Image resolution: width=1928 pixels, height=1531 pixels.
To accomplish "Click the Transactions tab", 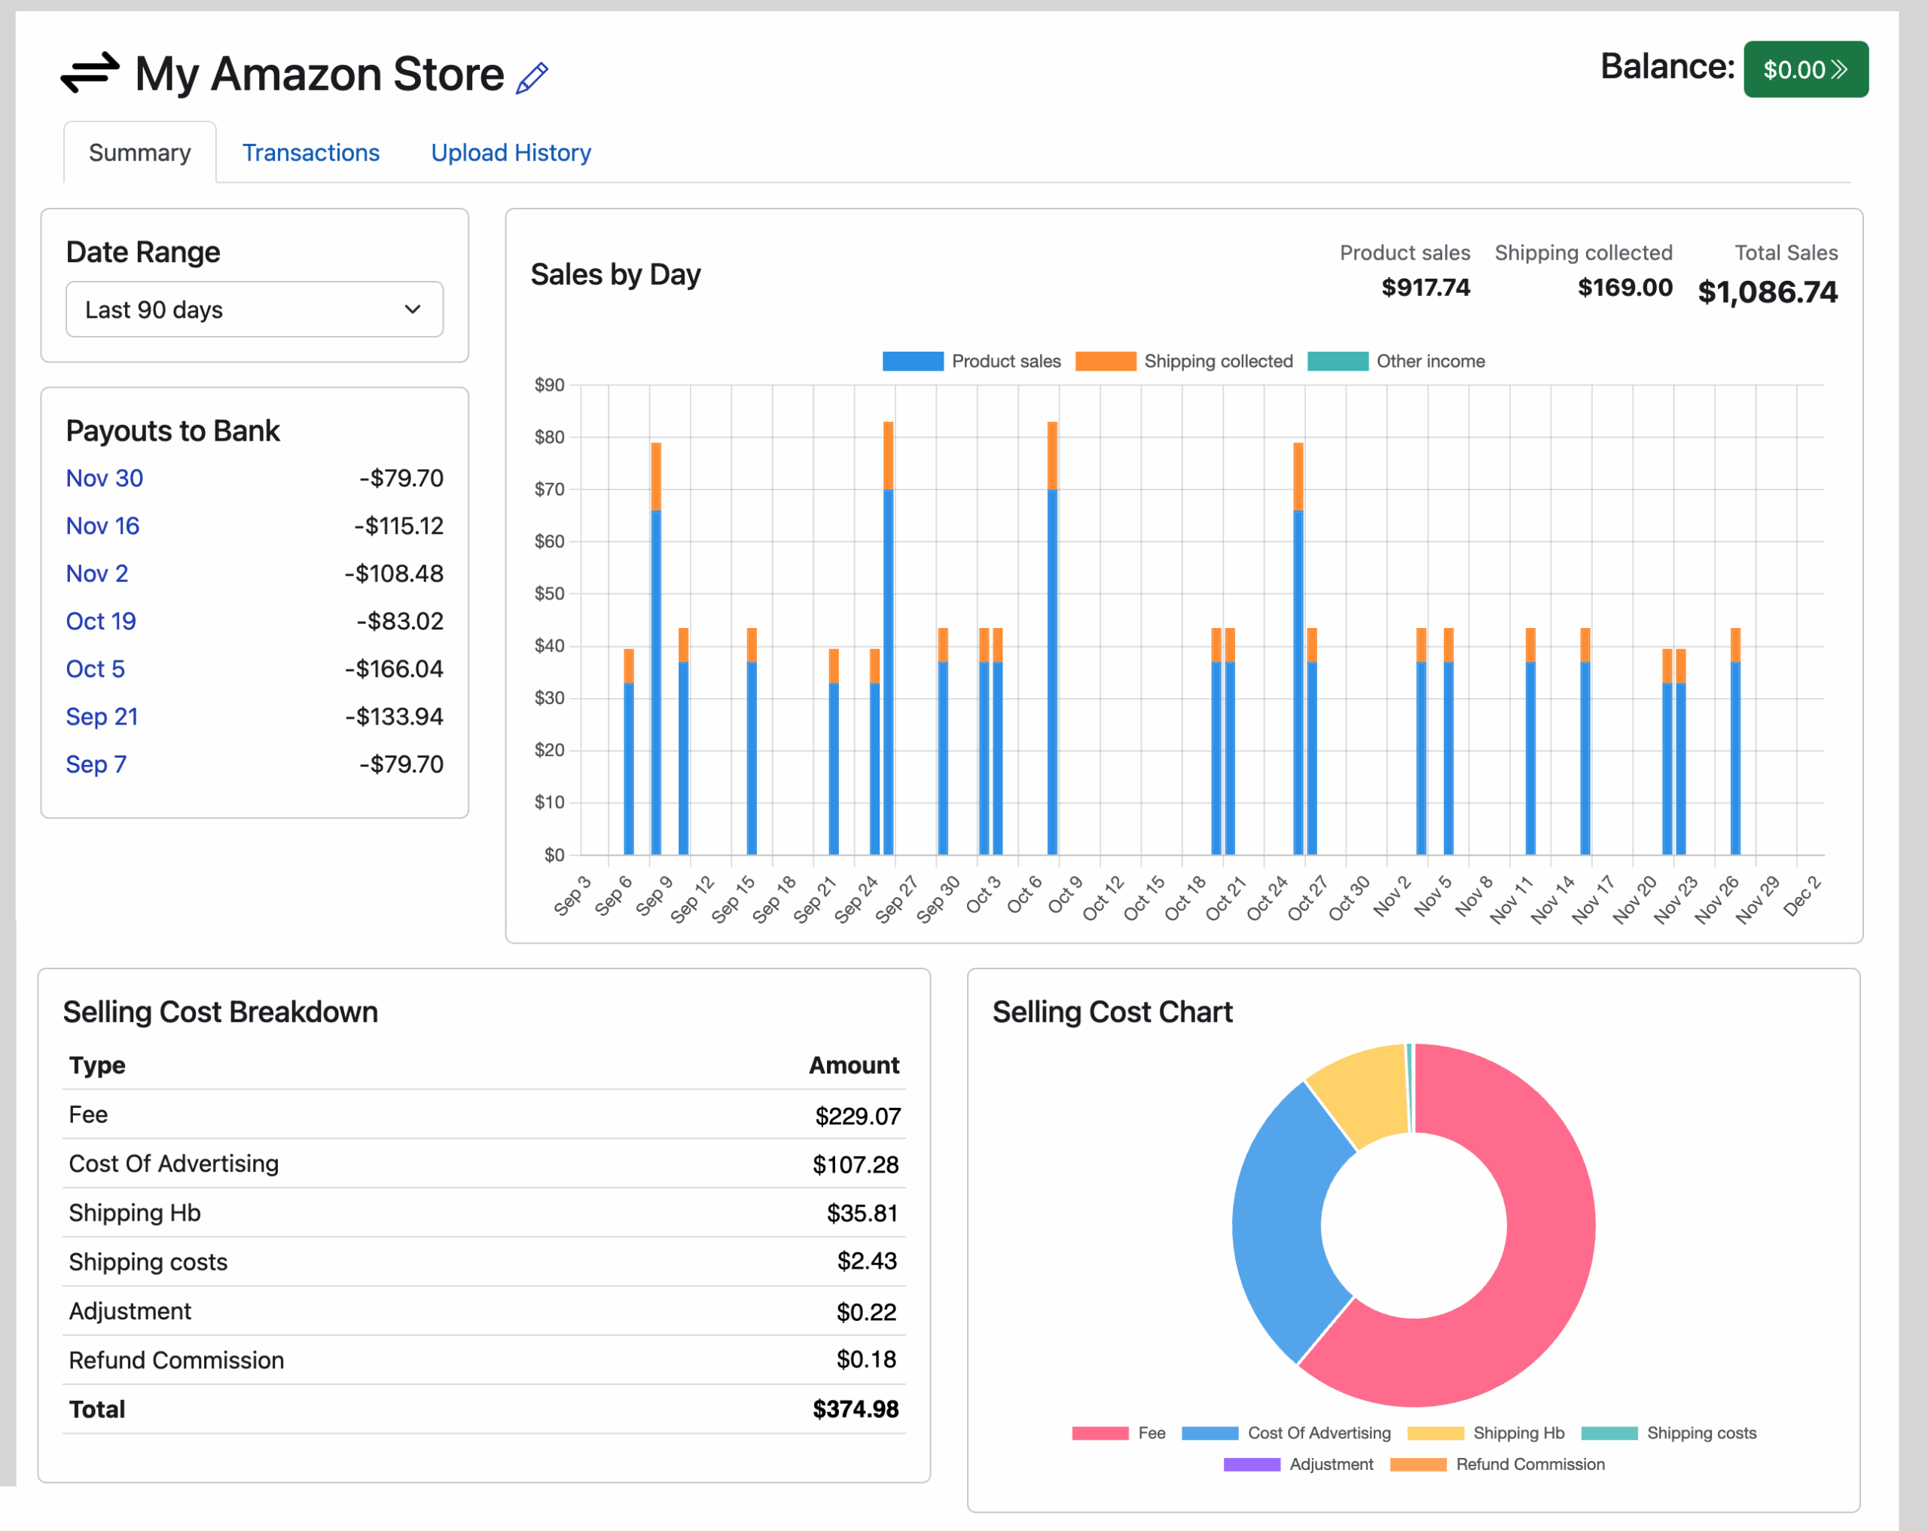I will click(310, 153).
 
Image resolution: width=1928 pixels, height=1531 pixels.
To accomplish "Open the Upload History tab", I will click(511, 153).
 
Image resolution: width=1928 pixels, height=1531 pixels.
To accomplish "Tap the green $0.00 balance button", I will click(1804, 70).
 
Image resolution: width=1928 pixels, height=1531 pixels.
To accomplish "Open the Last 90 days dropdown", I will click(254, 310).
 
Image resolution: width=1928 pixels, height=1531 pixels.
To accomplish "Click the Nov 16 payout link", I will click(103, 526).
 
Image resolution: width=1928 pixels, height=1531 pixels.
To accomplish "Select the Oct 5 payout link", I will click(96, 669).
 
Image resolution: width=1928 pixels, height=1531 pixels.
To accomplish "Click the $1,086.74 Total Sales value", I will click(1767, 291).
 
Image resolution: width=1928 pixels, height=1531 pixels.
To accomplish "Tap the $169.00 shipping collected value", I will click(1624, 287).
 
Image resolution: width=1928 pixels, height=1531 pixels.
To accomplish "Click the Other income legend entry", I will click(1397, 361).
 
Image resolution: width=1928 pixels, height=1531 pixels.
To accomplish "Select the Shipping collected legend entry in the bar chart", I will click(1185, 361).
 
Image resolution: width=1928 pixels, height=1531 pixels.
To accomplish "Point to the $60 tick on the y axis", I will click(549, 541).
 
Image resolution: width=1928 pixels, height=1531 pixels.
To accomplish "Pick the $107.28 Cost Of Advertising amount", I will click(855, 1164).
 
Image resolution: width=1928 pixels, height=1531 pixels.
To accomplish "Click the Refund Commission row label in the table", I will click(176, 1360).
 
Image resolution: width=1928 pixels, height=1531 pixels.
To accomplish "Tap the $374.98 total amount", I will click(855, 1410).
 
